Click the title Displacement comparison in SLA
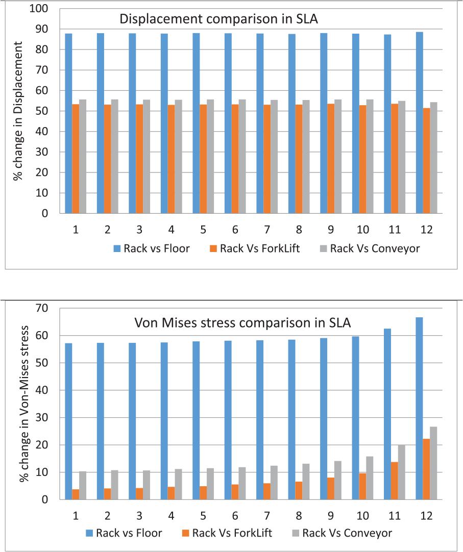(218, 19)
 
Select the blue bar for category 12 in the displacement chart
(419, 122)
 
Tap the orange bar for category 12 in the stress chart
(426, 469)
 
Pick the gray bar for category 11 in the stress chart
(402, 472)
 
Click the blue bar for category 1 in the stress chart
(68, 421)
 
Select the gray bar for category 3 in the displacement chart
(147, 156)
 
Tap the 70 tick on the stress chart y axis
(41, 308)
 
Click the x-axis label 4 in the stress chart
(171, 516)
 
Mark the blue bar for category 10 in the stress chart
(355, 418)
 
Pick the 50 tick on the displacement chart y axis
(41, 111)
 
